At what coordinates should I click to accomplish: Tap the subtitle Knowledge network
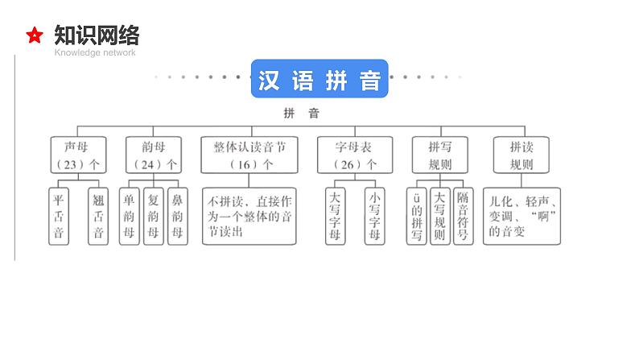[x=95, y=53]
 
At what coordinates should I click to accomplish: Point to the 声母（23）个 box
[x=78, y=154]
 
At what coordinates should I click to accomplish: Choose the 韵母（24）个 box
[x=153, y=154]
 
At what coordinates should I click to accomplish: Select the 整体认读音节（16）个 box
[x=249, y=154]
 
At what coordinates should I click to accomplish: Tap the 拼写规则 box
[x=439, y=154]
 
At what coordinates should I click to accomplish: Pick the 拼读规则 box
[x=522, y=154]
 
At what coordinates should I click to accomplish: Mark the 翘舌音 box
[x=97, y=216]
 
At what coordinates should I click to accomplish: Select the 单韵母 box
[x=129, y=216]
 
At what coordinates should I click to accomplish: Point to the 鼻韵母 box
[x=178, y=216]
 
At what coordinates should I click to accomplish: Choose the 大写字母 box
[x=335, y=216]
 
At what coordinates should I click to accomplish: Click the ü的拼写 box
[x=416, y=216]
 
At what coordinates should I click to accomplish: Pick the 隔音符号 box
[x=462, y=216]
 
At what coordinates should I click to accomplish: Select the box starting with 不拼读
[x=249, y=216]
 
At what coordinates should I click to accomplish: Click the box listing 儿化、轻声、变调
[x=522, y=216]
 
